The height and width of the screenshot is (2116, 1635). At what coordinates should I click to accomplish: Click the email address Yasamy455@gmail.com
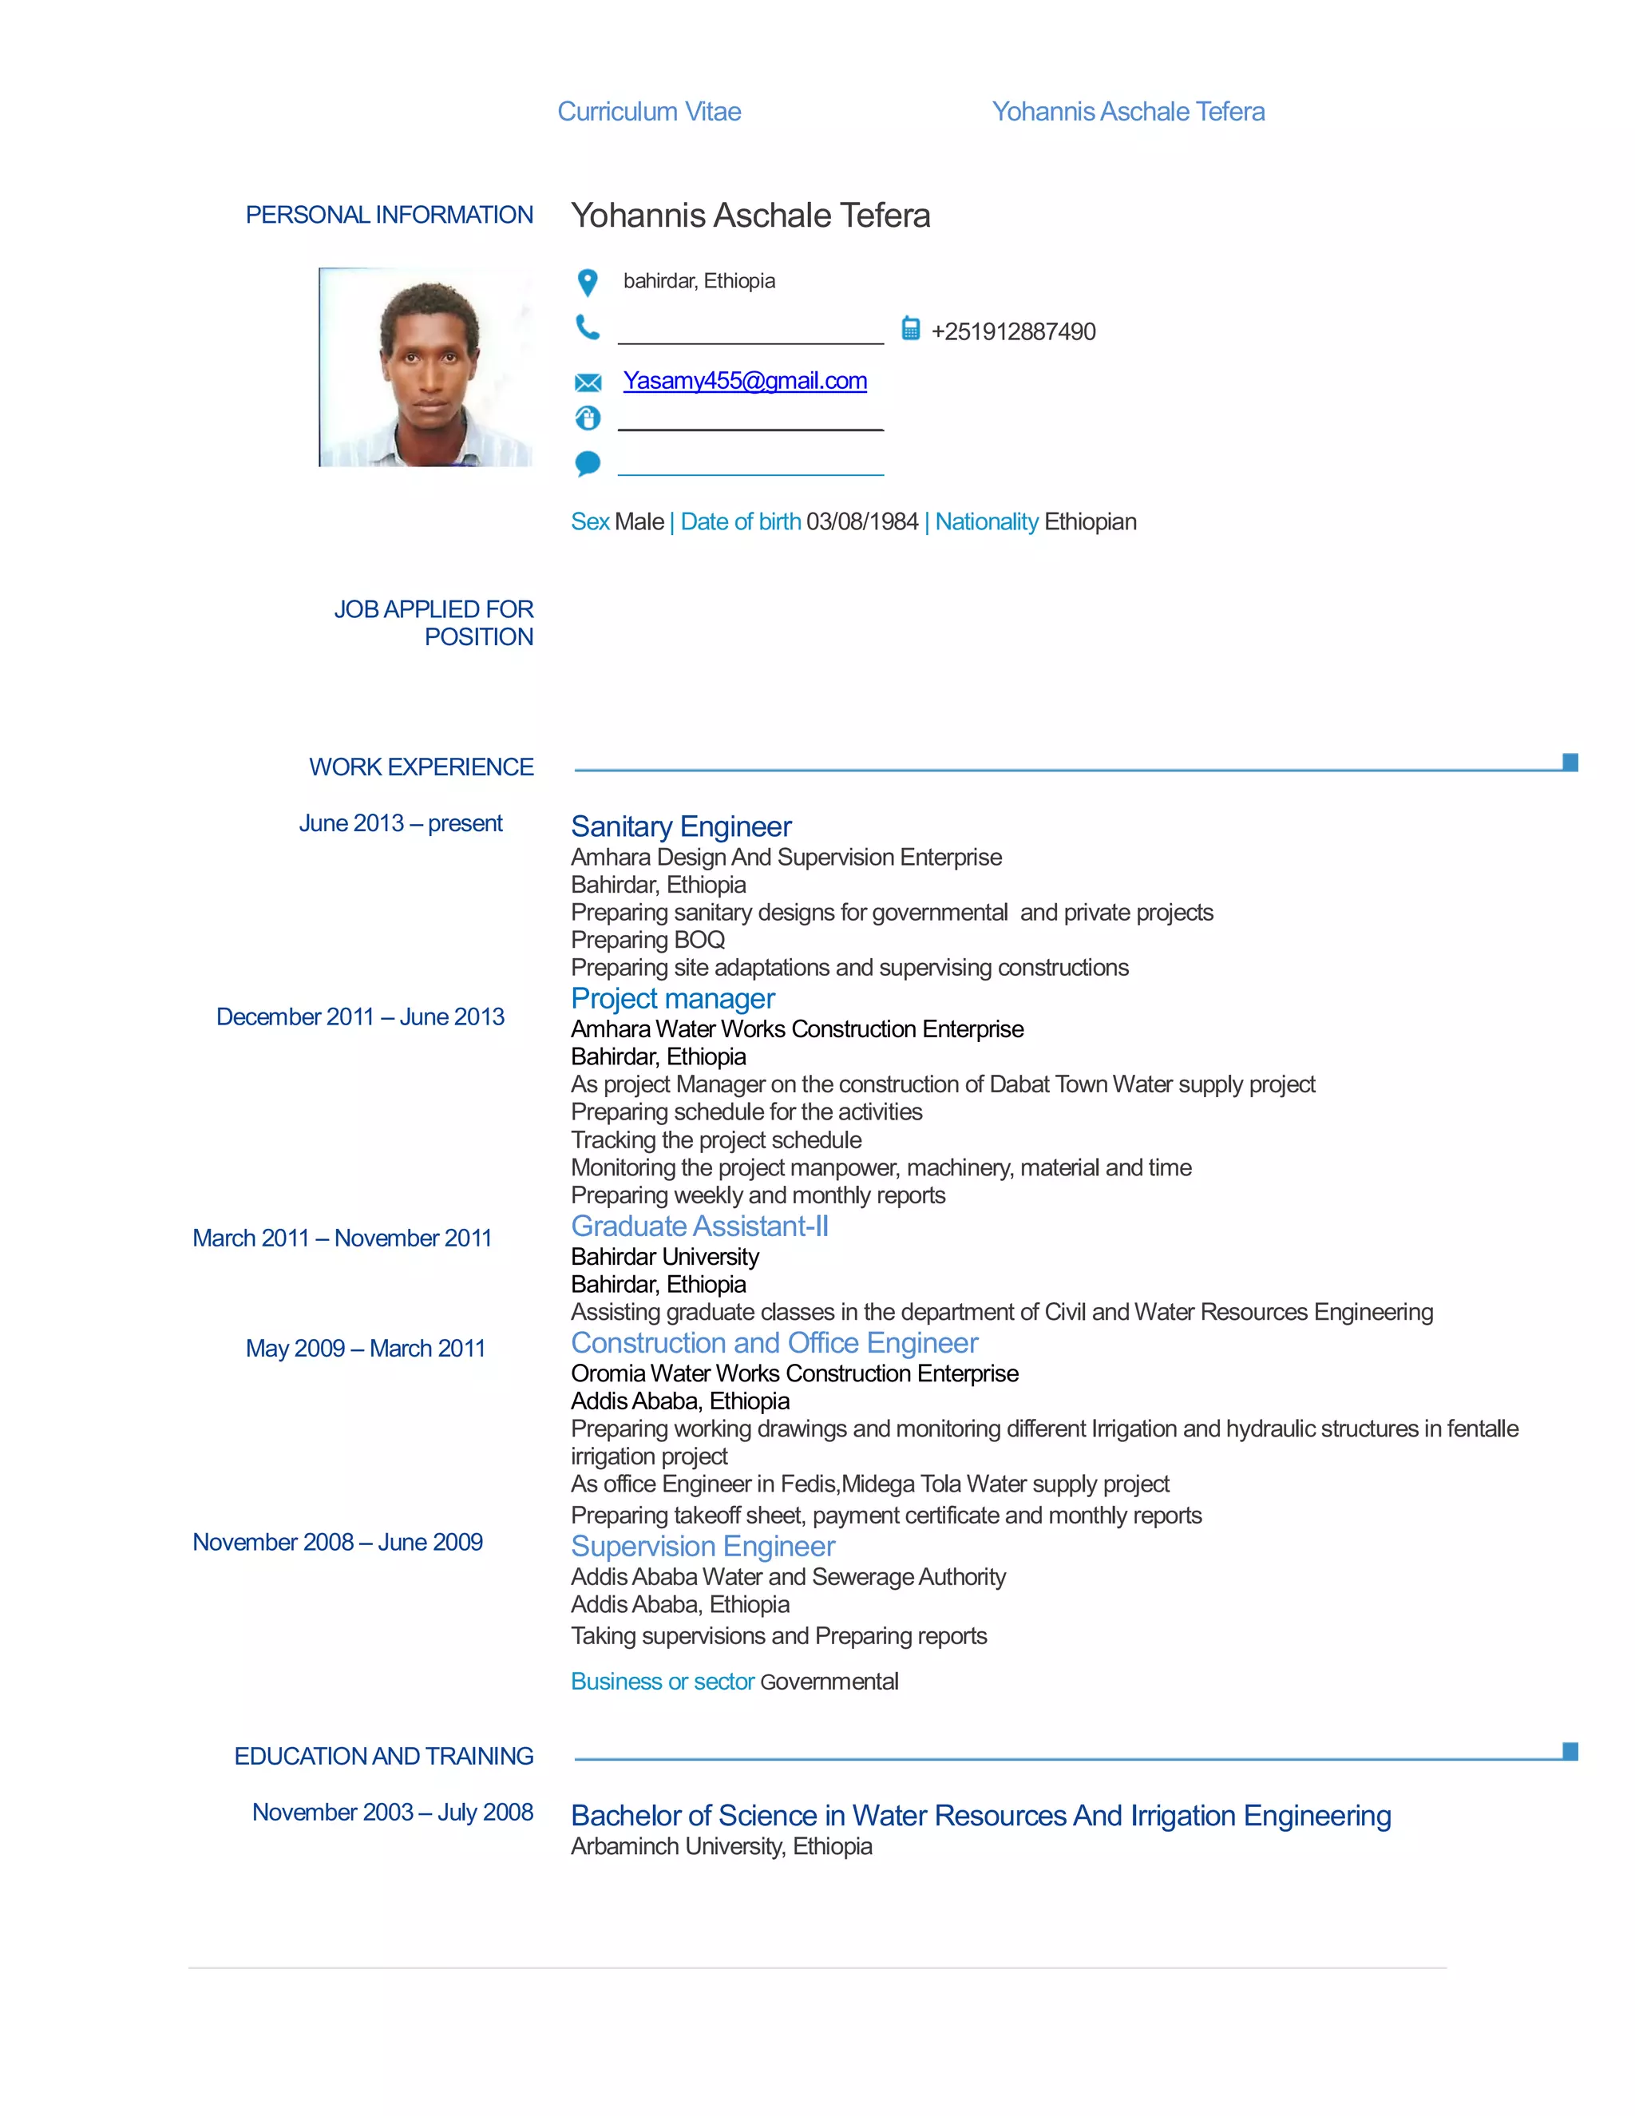point(744,381)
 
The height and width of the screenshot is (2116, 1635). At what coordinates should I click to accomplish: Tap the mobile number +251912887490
point(1012,331)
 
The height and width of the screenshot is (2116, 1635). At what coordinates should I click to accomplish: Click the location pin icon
point(587,282)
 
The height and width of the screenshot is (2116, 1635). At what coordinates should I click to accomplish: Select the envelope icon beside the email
point(587,382)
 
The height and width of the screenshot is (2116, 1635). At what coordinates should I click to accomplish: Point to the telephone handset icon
point(587,327)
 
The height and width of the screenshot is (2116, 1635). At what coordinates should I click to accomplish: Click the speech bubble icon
point(587,463)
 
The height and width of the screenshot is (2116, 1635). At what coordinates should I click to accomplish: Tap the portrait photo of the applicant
point(426,367)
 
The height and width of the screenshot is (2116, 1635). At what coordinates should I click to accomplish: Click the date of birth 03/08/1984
point(861,521)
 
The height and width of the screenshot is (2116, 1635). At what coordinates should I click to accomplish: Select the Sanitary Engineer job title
point(681,826)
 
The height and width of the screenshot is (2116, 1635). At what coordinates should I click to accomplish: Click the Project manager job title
point(672,998)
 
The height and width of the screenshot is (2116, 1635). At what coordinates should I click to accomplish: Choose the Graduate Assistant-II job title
point(699,1226)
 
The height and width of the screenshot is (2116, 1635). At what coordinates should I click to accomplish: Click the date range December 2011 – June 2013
point(360,1016)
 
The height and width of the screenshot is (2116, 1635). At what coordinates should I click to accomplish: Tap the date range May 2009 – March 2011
point(365,1348)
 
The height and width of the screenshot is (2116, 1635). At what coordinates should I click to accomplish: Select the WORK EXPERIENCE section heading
point(421,767)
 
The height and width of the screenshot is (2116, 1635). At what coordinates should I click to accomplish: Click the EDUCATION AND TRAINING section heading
point(383,1756)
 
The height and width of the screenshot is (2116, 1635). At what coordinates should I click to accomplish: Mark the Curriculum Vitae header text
point(649,112)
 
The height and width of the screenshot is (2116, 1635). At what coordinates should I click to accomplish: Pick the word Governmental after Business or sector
point(829,1681)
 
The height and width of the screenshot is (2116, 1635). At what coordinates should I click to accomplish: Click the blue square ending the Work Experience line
point(1570,762)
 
